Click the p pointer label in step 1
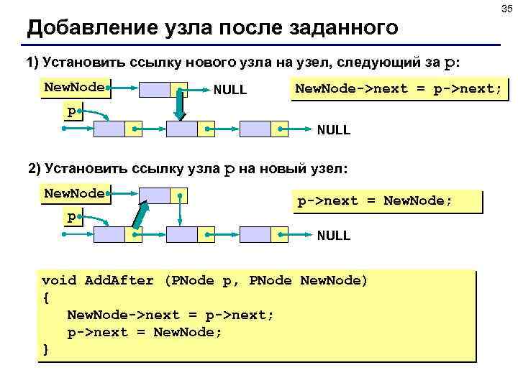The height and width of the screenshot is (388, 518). tap(71, 112)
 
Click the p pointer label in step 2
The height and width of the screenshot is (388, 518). tap(71, 216)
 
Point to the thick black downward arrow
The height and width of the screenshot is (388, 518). tap(181, 103)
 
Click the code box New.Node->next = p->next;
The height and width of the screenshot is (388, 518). tap(399, 89)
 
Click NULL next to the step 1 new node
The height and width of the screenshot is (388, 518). tap(230, 91)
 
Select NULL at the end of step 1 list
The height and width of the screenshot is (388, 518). tap(334, 130)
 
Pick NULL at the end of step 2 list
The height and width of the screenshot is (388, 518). tap(334, 235)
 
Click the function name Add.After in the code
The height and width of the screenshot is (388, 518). tap(119, 280)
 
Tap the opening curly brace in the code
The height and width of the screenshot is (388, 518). tap(46, 297)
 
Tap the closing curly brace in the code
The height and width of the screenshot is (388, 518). tap(46, 349)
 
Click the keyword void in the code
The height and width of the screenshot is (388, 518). tap(59, 280)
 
